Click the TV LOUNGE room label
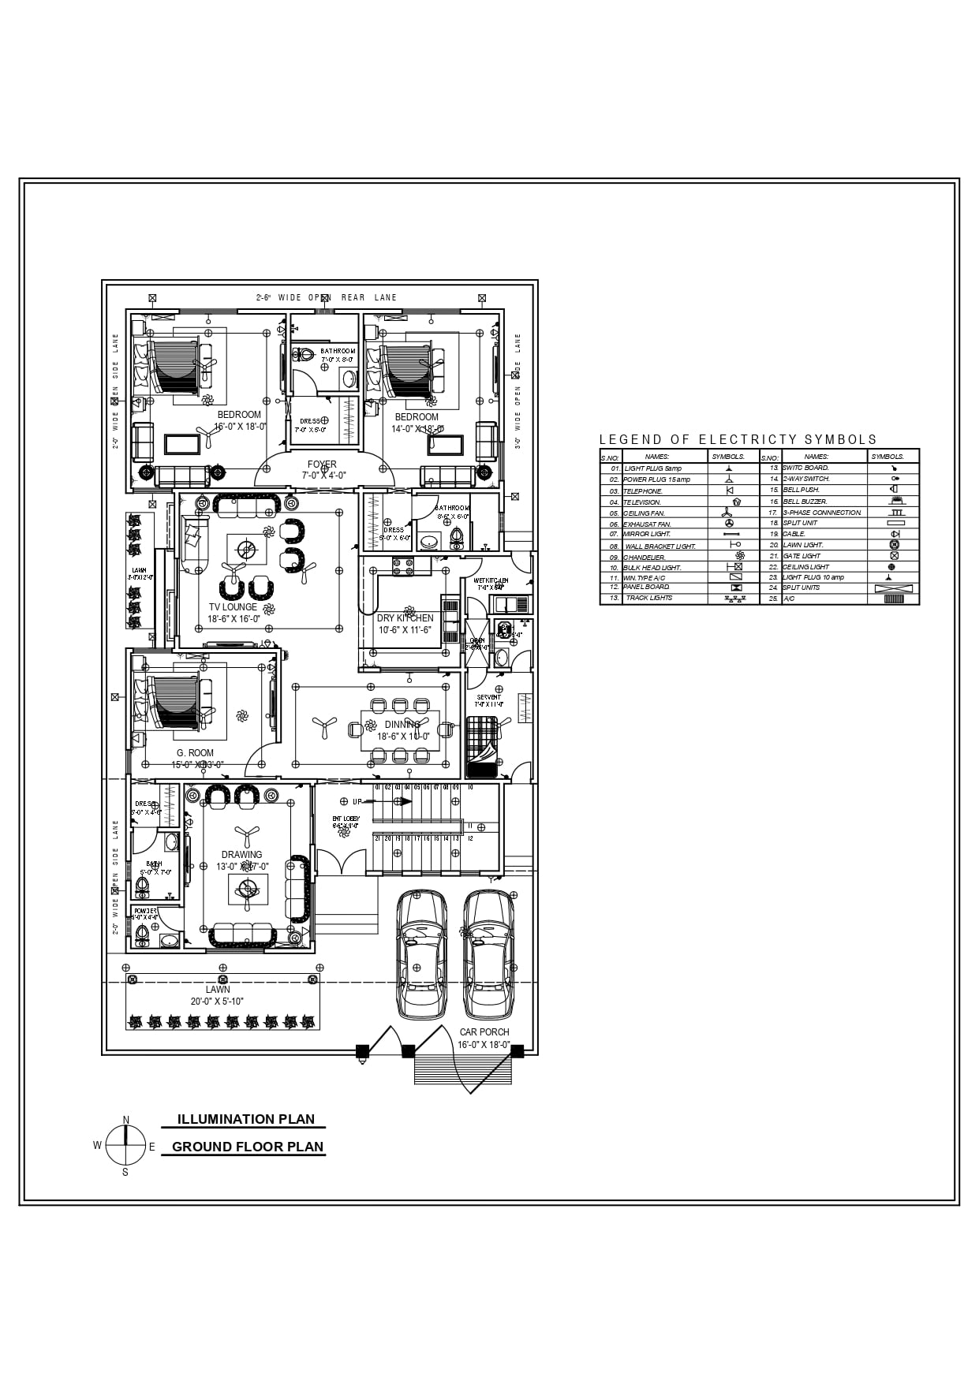pos(233,607)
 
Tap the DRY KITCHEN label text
pos(405,618)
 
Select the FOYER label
pos(322,464)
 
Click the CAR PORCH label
pos(484,1031)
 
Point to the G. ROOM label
pos(195,753)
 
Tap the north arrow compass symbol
pos(125,1145)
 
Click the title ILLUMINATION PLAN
pos(245,1119)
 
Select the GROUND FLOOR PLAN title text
pos(248,1147)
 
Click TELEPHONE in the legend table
pos(643,491)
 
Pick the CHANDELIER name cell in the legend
pos(645,557)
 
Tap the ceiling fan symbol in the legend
pos(728,513)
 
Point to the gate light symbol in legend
pos(894,556)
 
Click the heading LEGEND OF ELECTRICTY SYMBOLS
pos(738,440)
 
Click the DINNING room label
pos(402,725)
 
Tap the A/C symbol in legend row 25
pos(893,599)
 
